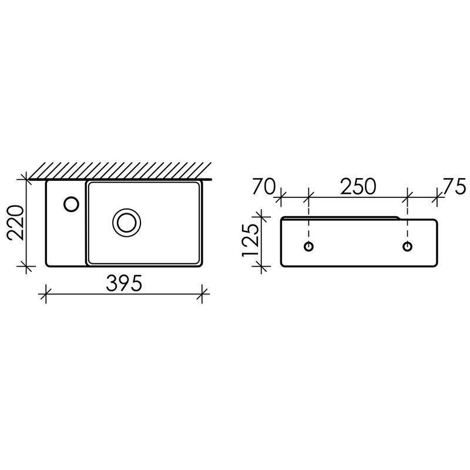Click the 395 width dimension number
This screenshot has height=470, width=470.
pyautogui.click(x=124, y=283)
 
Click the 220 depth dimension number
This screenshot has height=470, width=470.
pyautogui.click(x=16, y=223)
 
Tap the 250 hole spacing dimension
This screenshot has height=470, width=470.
pyautogui.click(x=358, y=186)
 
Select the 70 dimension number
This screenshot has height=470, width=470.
pyautogui.click(x=264, y=186)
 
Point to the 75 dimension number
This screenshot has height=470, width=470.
pyautogui.click(x=455, y=186)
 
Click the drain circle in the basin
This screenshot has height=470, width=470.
pyautogui.click(x=127, y=223)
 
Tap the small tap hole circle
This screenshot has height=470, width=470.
pyautogui.click(x=71, y=204)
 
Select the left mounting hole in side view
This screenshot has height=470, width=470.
pyautogui.click(x=309, y=246)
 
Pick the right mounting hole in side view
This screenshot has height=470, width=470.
pyautogui.click(x=407, y=246)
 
